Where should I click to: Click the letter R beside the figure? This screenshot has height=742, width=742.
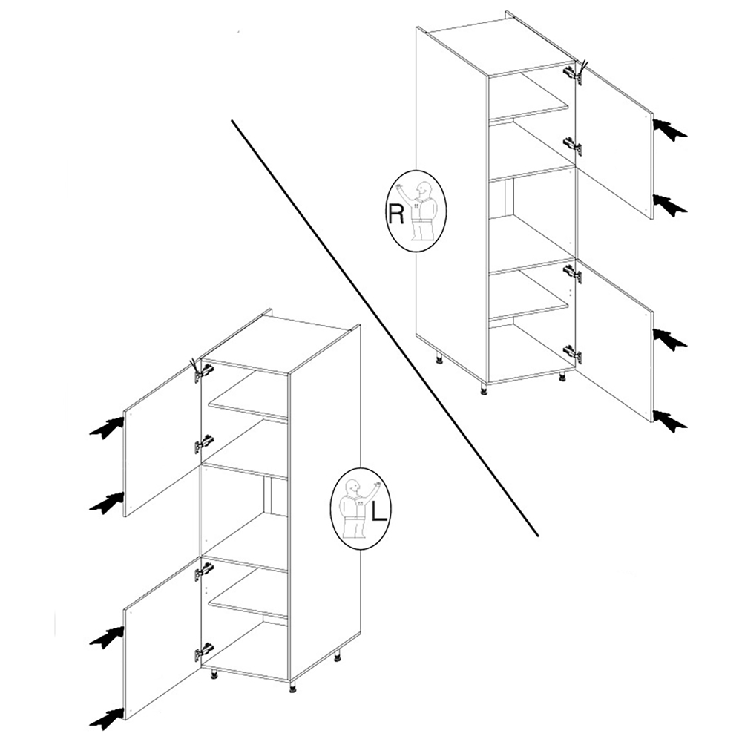396,214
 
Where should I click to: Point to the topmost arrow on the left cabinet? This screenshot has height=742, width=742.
106,428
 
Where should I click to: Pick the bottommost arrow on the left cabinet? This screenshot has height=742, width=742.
106,718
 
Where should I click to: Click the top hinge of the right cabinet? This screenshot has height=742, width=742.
571,73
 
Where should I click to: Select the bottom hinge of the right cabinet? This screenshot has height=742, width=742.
571,354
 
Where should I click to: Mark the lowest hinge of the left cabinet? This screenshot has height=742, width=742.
203,652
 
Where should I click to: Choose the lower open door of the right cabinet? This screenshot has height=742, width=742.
614,341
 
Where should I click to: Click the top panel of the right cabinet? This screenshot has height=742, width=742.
499,45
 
